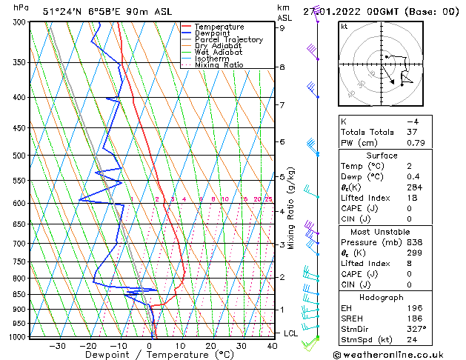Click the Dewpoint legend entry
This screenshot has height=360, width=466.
(x=211, y=33)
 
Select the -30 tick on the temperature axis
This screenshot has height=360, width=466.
(x=57, y=346)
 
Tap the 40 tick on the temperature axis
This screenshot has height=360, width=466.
(x=272, y=346)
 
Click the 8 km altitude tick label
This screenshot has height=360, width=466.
(x=282, y=67)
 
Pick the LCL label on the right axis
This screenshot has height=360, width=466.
(x=291, y=334)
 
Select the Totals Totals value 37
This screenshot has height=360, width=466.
(x=412, y=132)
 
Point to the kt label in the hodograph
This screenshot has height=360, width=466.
(x=344, y=27)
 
